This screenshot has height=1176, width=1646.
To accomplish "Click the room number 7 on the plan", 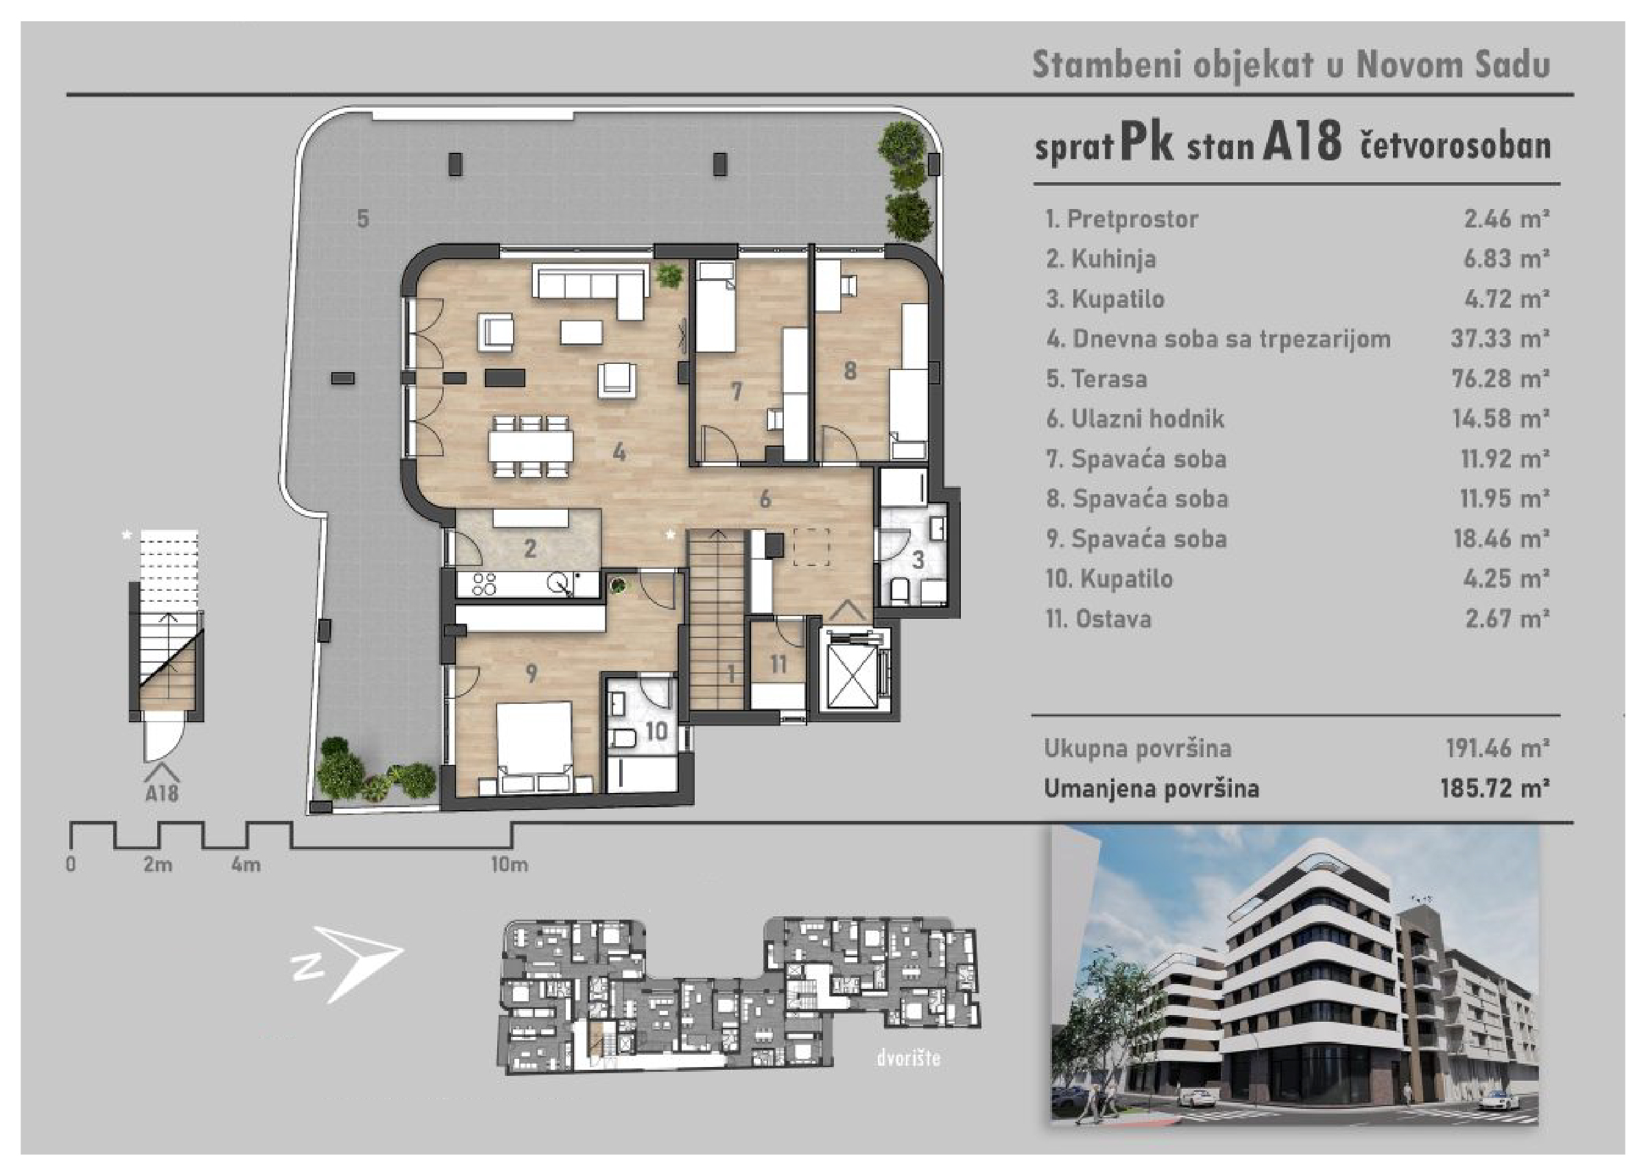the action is click(x=736, y=392).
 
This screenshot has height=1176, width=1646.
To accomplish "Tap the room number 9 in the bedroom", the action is click(x=531, y=674).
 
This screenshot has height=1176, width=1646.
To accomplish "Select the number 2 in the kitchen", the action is click(x=529, y=548).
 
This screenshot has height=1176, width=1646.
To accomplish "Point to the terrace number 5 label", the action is click(x=363, y=218).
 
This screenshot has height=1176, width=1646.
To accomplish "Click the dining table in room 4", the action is click(x=531, y=445).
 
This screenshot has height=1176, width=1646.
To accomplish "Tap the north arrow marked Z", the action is click(x=348, y=962).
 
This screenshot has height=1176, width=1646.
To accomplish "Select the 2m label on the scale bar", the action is click(x=158, y=865).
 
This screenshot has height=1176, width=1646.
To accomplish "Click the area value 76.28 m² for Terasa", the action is click(x=1500, y=378).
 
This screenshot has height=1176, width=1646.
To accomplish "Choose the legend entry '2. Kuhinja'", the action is click(x=1101, y=258).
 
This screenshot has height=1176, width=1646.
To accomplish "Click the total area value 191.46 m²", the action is click(x=1497, y=748).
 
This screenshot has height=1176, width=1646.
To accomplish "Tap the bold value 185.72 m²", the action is click(x=1494, y=788).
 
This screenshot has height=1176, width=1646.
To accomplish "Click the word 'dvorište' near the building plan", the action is click(x=909, y=1058).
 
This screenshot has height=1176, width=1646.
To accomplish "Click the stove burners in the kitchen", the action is click(x=484, y=584).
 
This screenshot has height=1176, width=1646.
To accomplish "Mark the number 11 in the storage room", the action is click(x=778, y=664).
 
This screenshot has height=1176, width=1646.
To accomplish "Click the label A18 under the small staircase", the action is click(x=162, y=794).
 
